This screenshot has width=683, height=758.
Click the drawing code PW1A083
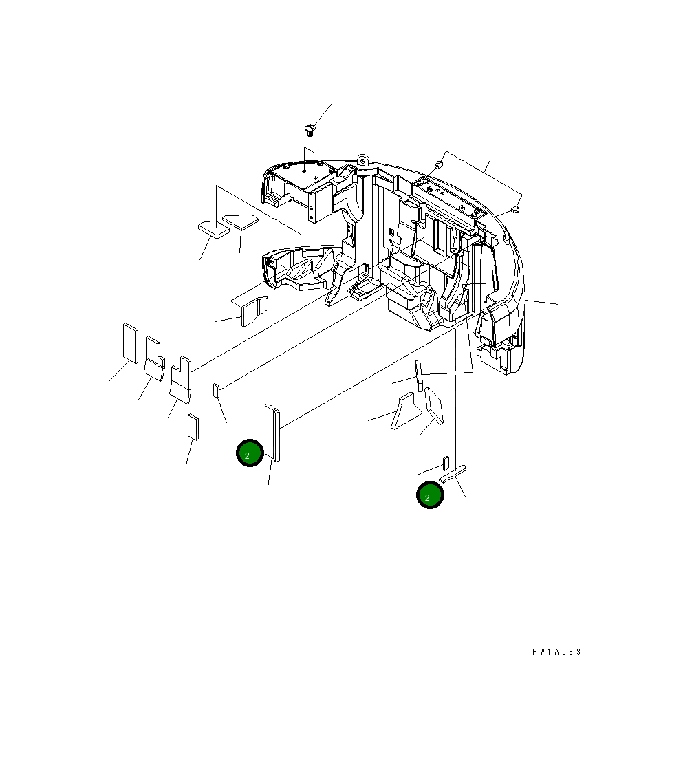tap(556, 652)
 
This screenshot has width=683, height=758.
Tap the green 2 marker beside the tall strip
tap(249, 453)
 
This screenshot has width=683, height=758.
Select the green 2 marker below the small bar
tap(429, 495)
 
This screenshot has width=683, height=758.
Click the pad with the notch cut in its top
tap(181, 379)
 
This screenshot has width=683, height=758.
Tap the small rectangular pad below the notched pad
tap(193, 426)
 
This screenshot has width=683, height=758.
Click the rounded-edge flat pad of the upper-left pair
tap(239, 221)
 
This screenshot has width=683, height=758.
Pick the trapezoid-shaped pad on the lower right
tap(403, 411)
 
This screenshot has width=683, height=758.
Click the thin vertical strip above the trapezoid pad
tap(418, 373)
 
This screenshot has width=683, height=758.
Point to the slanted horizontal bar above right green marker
tap(453, 474)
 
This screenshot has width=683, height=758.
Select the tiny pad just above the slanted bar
tap(446, 462)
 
